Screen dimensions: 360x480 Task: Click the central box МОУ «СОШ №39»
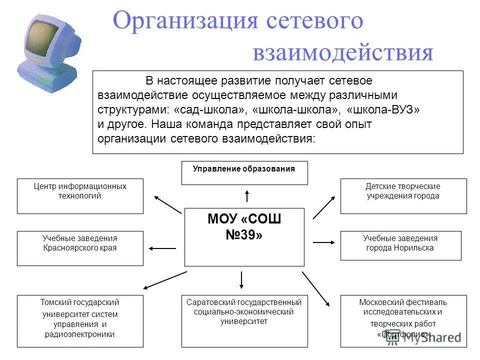click(x=244, y=237)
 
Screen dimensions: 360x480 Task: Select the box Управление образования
click(x=244, y=172)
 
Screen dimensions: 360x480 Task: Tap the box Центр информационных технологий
click(x=80, y=195)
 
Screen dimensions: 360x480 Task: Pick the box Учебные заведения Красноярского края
click(x=80, y=248)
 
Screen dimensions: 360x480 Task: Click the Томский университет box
click(x=80, y=320)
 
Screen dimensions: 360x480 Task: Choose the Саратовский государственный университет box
click(x=244, y=320)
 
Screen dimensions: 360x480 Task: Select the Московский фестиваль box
click(x=403, y=320)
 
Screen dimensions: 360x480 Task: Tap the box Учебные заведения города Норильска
click(x=400, y=245)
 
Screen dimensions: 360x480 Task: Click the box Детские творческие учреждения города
click(x=403, y=195)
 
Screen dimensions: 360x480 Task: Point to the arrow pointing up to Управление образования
click(x=247, y=195)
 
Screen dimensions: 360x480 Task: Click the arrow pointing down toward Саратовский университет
click(x=241, y=280)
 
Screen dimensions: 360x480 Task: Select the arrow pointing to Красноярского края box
click(x=162, y=248)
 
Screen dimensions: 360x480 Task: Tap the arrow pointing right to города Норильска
click(x=324, y=242)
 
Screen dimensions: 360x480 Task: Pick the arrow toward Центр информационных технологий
click(x=167, y=204)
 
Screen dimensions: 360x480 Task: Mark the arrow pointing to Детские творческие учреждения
click(x=324, y=207)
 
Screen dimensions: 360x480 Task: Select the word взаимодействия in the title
click(x=342, y=52)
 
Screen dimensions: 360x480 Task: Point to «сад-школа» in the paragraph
click(x=209, y=109)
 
